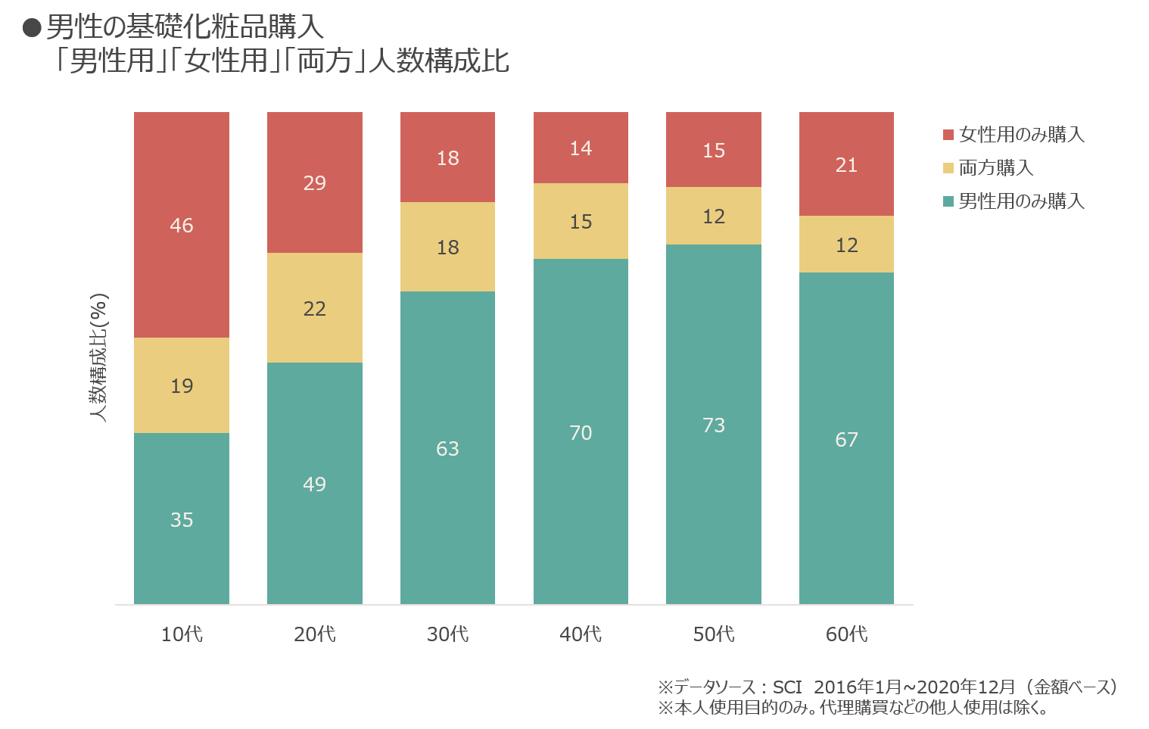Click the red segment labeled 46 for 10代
click(x=182, y=225)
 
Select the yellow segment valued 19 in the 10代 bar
click(x=182, y=385)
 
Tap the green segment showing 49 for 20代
click(x=314, y=483)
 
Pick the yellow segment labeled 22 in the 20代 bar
click(x=314, y=308)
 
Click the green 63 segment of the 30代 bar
click(x=448, y=448)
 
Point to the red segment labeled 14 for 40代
click(x=581, y=148)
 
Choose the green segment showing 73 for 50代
click(x=714, y=424)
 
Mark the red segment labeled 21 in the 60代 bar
click(x=846, y=164)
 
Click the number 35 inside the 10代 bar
click(x=182, y=520)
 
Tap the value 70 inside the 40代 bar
click(x=581, y=433)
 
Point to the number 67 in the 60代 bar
click(x=846, y=440)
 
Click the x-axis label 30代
click(x=448, y=634)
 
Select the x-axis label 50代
click(x=714, y=634)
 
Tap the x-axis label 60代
click(x=846, y=634)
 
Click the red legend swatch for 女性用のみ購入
click(x=948, y=135)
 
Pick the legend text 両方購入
click(x=996, y=168)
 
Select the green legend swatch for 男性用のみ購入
click(x=948, y=201)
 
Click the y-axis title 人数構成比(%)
click(x=98, y=357)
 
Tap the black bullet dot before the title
click(x=32, y=28)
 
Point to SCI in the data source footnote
click(x=787, y=687)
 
